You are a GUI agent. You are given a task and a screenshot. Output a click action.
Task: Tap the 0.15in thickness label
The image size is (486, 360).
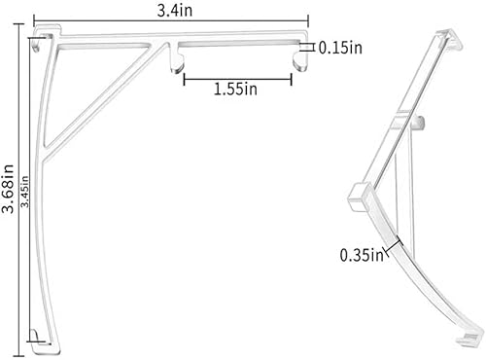coord(340,46)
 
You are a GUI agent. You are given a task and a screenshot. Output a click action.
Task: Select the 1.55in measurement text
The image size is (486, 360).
coord(235,90)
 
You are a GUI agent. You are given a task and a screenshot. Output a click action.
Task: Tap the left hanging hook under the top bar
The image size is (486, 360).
coord(177,60)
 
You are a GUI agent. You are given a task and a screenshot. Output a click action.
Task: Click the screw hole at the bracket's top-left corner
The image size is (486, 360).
coord(39,45)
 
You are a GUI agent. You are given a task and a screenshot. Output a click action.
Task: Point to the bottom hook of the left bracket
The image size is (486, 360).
coord(36,337)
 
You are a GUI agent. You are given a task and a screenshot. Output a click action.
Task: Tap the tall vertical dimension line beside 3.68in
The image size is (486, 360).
coord(20,185)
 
